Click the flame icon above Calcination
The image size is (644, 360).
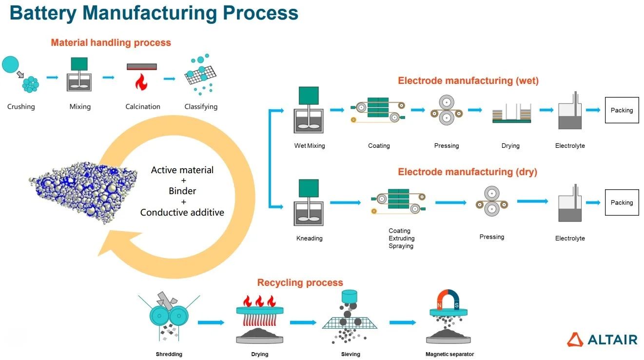tap(141, 82)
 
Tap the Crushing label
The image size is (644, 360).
tap(21, 106)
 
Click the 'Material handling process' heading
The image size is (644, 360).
tap(111, 42)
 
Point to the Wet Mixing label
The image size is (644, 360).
tap(309, 145)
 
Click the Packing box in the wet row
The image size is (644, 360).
tap(622, 110)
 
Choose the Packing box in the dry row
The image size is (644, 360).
tap(622, 202)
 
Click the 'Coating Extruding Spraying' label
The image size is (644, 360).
tap(401, 239)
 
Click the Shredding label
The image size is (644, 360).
tap(169, 354)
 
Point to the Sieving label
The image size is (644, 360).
tap(351, 354)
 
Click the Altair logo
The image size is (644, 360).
tap(602, 340)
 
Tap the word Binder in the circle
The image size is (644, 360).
tap(182, 191)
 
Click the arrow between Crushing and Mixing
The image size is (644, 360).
tap(52, 77)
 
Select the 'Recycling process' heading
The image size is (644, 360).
tap(300, 282)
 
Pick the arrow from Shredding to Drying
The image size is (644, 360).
tap(211, 322)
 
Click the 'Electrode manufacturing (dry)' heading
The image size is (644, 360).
tap(468, 172)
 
